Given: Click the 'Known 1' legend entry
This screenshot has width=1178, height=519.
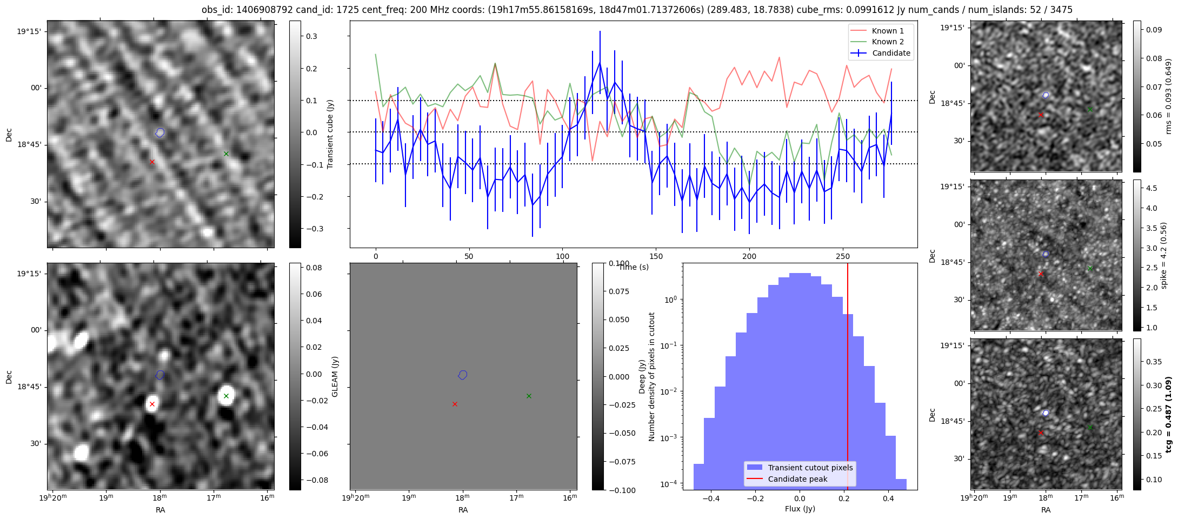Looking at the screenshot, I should pos(887,31).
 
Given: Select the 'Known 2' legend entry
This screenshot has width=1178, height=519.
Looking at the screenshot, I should pos(887,42).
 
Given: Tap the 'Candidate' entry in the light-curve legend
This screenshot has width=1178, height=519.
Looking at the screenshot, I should pos(891,53).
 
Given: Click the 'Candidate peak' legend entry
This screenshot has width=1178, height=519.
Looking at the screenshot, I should pos(797,479).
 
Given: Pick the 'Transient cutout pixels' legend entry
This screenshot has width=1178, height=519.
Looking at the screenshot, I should pos(810,468).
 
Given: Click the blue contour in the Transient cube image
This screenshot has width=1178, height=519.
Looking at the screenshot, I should pos(159,132).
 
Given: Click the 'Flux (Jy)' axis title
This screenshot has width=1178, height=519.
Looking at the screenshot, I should pos(800,509).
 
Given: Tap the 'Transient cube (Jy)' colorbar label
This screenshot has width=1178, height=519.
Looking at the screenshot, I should pos(330,134).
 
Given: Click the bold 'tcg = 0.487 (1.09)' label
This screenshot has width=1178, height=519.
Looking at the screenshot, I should pos(1168,415).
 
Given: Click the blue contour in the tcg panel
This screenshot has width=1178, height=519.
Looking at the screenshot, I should pos(1046,413).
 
